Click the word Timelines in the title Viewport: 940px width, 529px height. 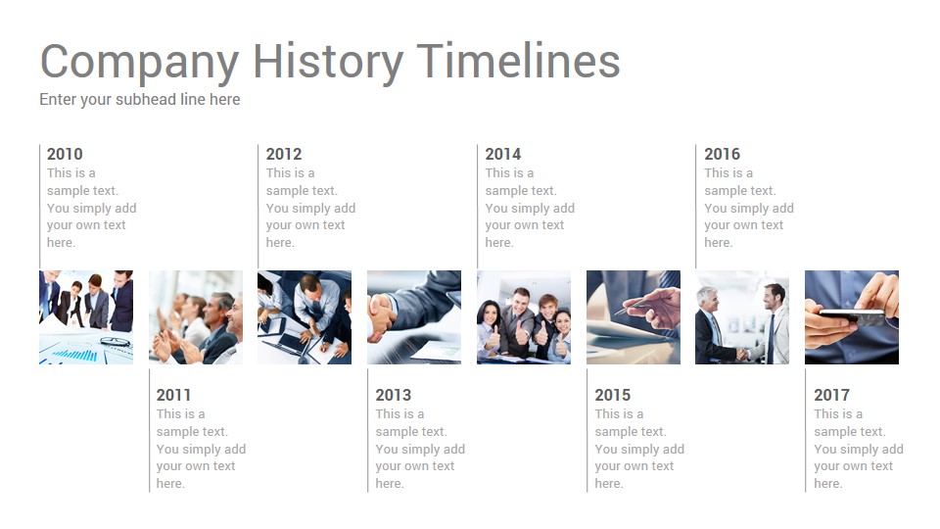tap(519, 60)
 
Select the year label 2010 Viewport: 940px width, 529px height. tap(65, 154)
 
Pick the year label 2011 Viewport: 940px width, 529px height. tap(174, 395)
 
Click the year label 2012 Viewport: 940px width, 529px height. tap(284, 154)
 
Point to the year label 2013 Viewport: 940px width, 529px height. tap(394, 395)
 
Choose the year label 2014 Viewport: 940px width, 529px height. tap(503, 154)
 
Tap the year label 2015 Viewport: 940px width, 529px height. tap(613, 395)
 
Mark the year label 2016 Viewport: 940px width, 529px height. tap(723, 154)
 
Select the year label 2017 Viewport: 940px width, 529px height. tap(831, 395)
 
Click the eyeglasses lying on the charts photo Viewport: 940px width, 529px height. tap(115, 343)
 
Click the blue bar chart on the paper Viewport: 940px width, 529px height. tap(76, 355)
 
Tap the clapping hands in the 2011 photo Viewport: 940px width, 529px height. tap(174, 346)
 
